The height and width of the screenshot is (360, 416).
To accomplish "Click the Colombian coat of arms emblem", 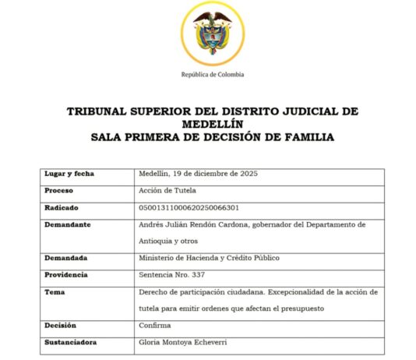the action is [x=211, y=34].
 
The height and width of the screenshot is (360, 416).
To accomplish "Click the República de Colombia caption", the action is [x=212, y=75].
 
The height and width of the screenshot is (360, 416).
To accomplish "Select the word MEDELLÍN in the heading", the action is [x=212, y=123].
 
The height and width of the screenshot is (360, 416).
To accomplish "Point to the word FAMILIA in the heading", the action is [x=306, y=136].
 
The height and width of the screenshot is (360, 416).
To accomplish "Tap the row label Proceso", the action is [x=58, y=191].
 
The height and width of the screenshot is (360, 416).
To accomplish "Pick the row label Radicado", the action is [x=61, y=207].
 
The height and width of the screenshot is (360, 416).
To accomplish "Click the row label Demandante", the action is [x=68, y=224].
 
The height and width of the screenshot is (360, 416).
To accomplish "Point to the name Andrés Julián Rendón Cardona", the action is [x=198, y=224].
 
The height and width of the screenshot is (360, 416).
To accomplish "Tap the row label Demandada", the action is [x=65, y=258].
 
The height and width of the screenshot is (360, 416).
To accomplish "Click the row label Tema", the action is [x=53, y=291].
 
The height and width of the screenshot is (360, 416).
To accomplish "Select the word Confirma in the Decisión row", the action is [x=153, y=325].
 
